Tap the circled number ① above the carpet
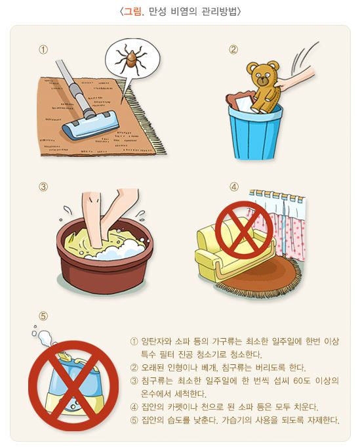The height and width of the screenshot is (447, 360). coord(44,50)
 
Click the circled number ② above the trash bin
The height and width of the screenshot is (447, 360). coord(233,50)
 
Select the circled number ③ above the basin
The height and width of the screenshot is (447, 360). coord(44,186)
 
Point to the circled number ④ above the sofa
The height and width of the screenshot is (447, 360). coord(233,186)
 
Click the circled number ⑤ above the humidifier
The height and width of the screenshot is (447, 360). coord(43,315)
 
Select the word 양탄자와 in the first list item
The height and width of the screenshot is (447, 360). coord(157,342)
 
